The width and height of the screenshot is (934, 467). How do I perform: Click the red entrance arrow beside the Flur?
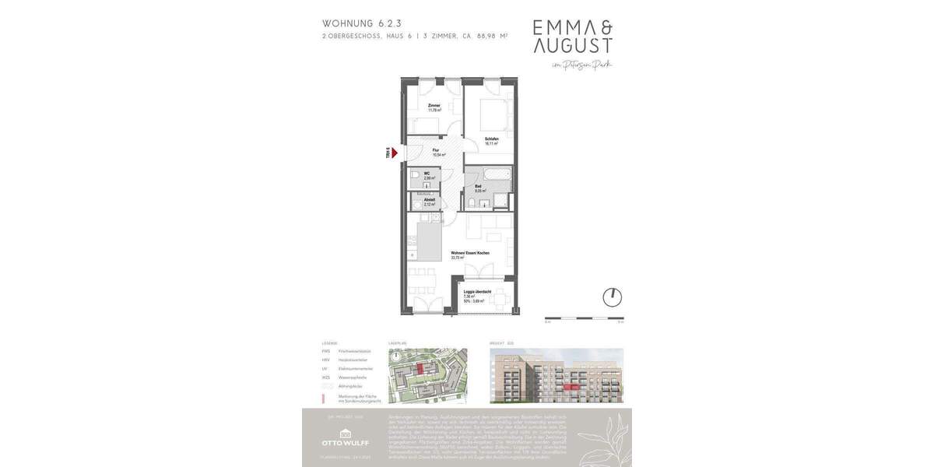pos(395,153)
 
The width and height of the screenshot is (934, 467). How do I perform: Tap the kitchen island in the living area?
pos(429,241)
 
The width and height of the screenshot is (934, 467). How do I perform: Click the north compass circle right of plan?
pos(613,297)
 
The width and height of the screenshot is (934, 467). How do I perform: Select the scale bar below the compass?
pos(584,318)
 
